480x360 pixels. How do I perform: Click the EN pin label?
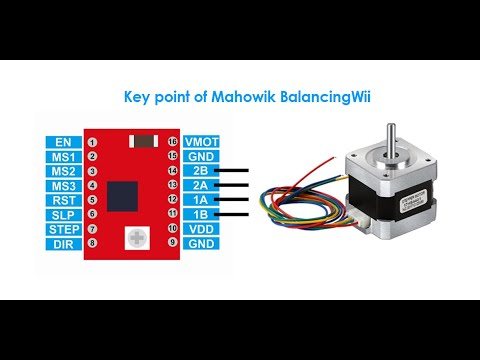coord(64,142)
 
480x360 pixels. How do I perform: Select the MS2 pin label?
coord(64,171)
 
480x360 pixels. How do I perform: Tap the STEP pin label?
coord(64,229)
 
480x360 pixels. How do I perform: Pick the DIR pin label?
coord(64,243)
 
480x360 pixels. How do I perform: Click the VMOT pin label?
coord(201,142)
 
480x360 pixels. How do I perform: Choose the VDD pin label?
coord(201,229)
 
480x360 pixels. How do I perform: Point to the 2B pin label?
coord(201,171)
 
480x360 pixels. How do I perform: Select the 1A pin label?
coord(201,200)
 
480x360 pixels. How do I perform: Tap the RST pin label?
coord(64,200)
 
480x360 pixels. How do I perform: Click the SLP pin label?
coord(64,214)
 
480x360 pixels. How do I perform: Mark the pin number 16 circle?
coord(173,142)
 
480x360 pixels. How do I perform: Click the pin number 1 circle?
coord(92,142)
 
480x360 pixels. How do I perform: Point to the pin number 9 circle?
coord(173,243)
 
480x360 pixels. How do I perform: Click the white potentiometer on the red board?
coord(132,238)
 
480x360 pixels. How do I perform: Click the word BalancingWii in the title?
coord(309,98)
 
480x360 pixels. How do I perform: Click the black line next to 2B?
coord(234,171)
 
